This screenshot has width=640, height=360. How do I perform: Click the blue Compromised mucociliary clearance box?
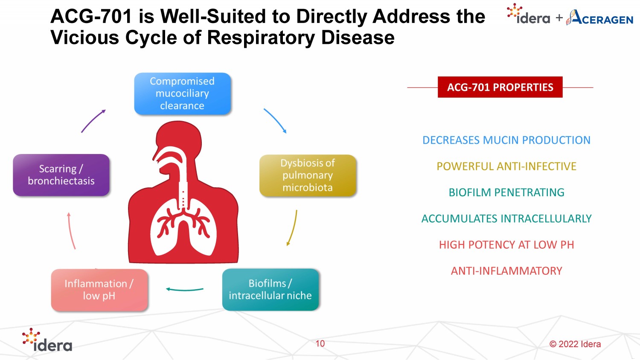pyautogui.click(x=182, y=93)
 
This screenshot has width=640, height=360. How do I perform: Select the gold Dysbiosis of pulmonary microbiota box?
pyautogui.click(x=308, y=175)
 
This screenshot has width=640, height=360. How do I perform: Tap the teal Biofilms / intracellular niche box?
pyautogui.click(x=270, y=290)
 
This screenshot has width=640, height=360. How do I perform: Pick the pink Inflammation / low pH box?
pyautogui.click(x=99, y=290)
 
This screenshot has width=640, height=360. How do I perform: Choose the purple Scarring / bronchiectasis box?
pyautogui.click(x=61, y=175)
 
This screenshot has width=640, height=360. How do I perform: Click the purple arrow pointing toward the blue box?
pyautogui.click(x=93, y=121)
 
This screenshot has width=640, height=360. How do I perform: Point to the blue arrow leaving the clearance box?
pyautogui.click(x=275, y=121)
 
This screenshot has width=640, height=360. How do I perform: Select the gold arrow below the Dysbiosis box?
pyautogui.click(x=292, y=228)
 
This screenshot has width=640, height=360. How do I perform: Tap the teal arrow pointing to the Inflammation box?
pyautogui.click(x=184, y=290)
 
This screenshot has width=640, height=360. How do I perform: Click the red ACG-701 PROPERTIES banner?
pyautogui.click(x=500, y=87)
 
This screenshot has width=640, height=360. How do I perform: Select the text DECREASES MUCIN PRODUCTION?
pyautogui.click(x=506, y=140)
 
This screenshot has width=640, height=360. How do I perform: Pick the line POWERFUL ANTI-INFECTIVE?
pyautogui.click(x=506, y=166)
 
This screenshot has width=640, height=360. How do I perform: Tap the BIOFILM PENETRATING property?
pyautogui.click(x=506, y=192)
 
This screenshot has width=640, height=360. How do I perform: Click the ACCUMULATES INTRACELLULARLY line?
pyautogui.click(x=506, y=219)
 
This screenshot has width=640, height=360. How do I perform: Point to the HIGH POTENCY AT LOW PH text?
pyautogui.click(x=506, y=245)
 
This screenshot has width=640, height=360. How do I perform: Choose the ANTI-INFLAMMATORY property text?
pyautogui.click(x=506, y=271)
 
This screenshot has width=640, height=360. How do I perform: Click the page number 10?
pyautogui.click(x=320, y=343)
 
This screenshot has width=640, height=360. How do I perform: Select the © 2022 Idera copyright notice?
pyautogui.click(x=575, y=344)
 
